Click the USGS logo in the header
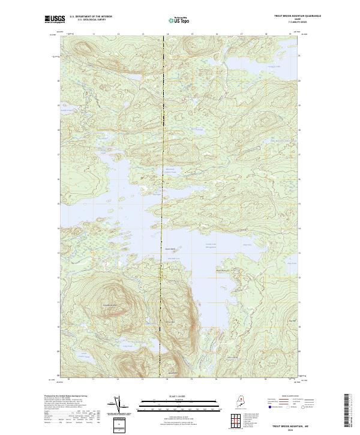pyautogui.click(x=55, y=19)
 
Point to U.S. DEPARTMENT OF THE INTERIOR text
pyautogui.click(x=91, y=16)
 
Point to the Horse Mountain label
pyautogui.click(x=170, y=323)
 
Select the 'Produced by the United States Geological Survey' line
pyautogui.click(x=66, y=395)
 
